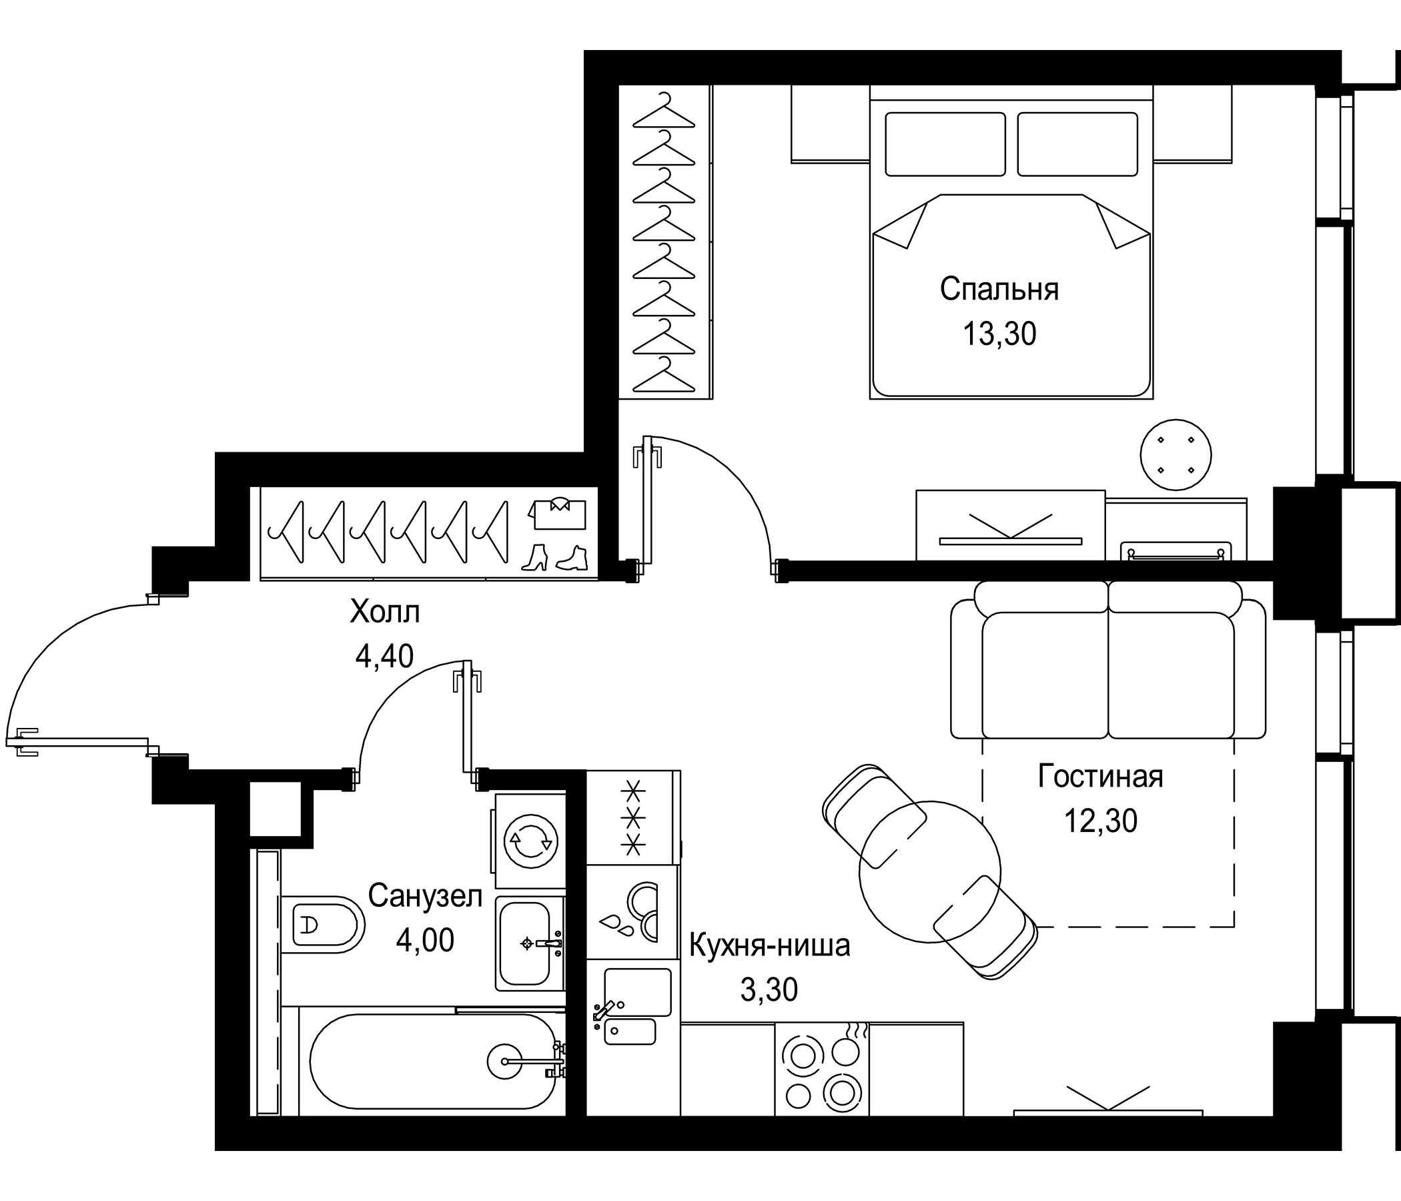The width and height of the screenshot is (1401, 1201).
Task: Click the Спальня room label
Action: coord(999,290)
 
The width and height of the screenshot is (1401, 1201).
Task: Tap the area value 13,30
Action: coord(999,334)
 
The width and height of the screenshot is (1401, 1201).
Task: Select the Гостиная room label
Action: coord(1100,777)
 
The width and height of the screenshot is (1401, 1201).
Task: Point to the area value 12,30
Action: coord(1100,821)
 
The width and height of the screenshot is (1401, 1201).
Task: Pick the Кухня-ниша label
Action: coord(769,946)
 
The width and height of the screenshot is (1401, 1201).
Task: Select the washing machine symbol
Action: coord(530,841)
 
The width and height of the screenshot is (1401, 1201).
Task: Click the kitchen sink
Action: coord(637,992)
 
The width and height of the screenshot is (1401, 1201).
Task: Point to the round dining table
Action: coord(929,871)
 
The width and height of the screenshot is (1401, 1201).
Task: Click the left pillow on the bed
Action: coord(945,144)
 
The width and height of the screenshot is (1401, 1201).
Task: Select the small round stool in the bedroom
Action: coord(1175,454)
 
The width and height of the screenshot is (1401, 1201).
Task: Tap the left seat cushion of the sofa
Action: coord(1044,677)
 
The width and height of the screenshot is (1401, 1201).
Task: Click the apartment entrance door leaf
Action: coord(81,742)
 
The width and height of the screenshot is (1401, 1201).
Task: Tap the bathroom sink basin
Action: coord(524,943)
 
